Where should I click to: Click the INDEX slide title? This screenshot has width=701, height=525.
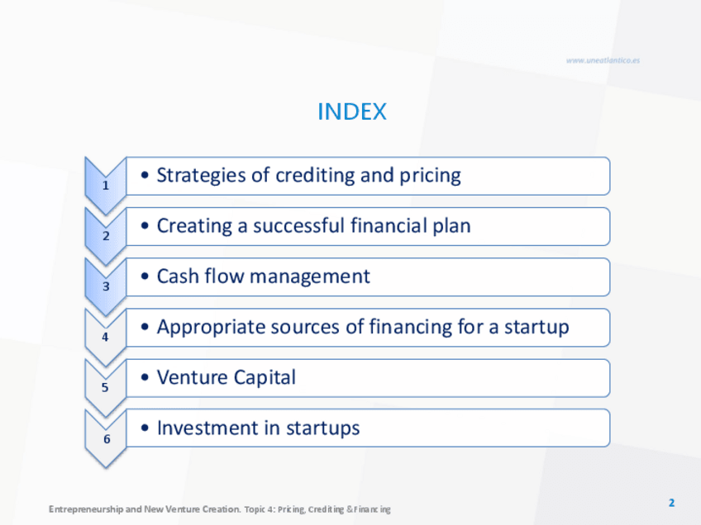pyautogui.click(x=352, y=111)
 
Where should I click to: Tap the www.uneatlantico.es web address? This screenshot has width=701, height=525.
pyautogui.click(x=603, y=60)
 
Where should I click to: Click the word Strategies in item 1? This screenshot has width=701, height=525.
pyautogui.click(x=201, y=176)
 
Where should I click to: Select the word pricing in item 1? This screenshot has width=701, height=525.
pyautogui.click(x=430, y=176)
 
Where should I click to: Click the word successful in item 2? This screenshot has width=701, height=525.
pyautogui.click(x=299, y=225)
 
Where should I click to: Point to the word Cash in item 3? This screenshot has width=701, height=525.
pyautogui.click(x=178, y=276)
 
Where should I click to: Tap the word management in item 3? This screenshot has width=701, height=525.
pyautogui.click(x=310, y=277)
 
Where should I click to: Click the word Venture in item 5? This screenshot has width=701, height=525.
pyautogui.click(x=193, y=377)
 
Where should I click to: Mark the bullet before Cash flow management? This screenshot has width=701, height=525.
pyautogui.click(x=145, y=277)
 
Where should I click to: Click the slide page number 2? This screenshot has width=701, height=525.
pyautogui.click(x=671, y=503)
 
